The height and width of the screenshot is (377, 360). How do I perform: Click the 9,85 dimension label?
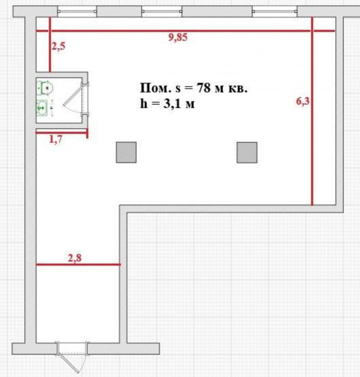[178, 38]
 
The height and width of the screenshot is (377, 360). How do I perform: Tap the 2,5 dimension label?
[58, 46]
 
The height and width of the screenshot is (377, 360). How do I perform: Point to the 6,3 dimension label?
[302, 101]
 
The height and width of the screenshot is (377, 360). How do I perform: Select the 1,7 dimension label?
[56, 139]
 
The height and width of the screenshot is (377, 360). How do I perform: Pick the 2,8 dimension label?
[75, 258]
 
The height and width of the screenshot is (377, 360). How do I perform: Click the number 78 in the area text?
[204, 88]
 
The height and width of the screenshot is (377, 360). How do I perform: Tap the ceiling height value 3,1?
[172, 104]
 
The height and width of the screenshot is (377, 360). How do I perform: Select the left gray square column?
[126, 152]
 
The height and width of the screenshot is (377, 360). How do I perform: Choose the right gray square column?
[247, 152]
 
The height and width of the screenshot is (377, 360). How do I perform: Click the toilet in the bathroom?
[45, 88]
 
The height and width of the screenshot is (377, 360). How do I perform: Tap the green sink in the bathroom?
[42, 108]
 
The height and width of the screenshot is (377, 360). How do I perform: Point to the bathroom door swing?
[73, 99]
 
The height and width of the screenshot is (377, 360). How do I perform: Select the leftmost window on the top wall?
[77, 11]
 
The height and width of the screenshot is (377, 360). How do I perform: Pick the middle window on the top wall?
[162, 11]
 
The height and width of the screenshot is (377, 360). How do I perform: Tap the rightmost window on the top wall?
[275, 11]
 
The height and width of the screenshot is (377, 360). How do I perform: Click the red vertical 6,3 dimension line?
[312, 111]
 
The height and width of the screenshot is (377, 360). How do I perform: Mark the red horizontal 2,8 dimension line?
[78, 264]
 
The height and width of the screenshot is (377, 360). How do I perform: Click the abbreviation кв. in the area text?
[237, 88]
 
